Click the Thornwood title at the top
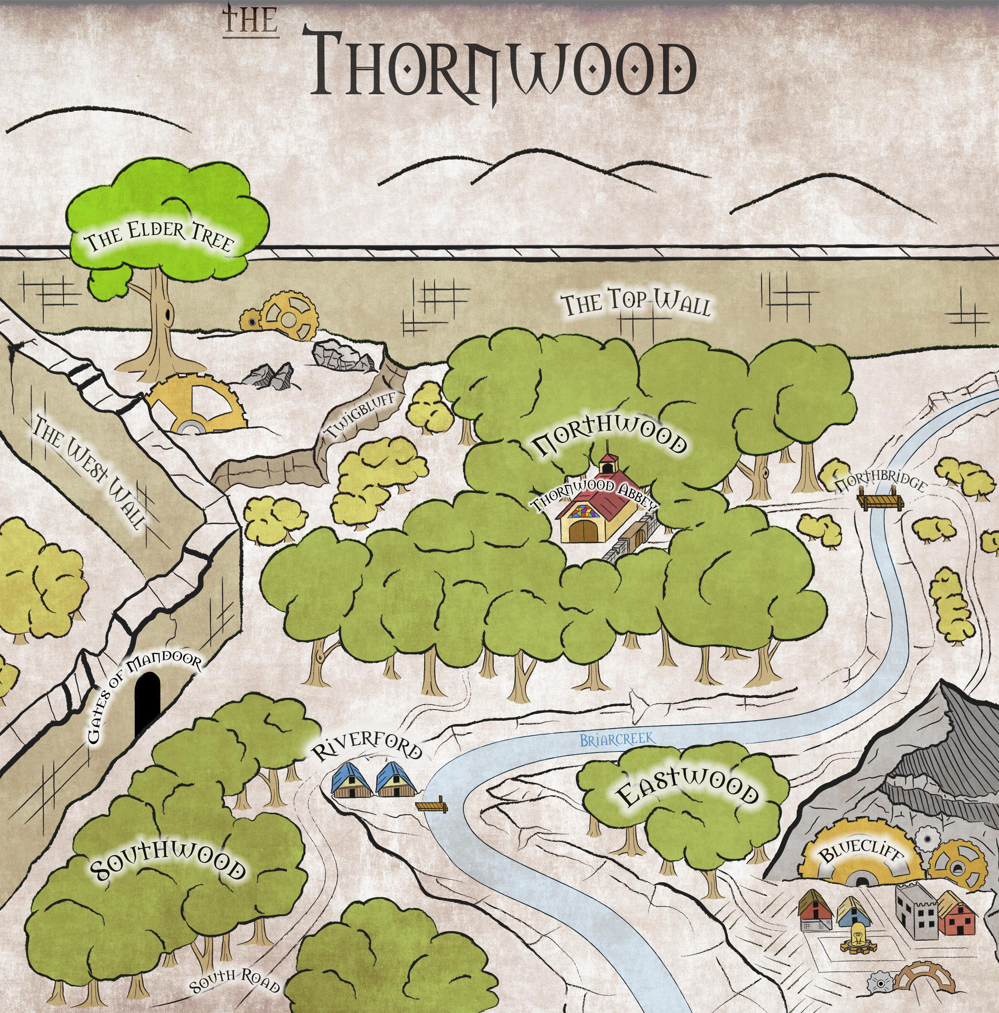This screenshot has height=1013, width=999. (503, 68)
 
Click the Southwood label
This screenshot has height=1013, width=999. (168, 868)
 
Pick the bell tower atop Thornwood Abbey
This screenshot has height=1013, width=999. (608, 464)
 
